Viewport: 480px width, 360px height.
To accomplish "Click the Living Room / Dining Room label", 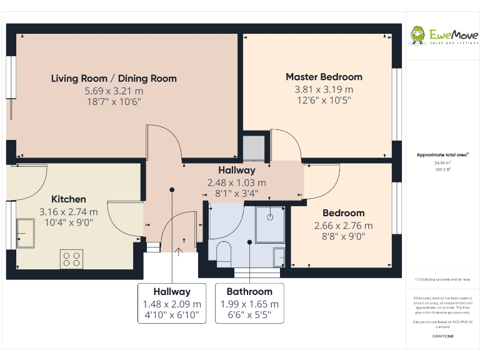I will click(x=114, y=79).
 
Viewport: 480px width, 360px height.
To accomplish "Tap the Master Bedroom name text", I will click(x=324, y=77).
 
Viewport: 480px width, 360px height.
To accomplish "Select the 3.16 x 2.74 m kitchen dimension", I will click(x=69, y=211).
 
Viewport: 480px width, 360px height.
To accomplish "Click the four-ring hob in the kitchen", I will click(x=71, y=258).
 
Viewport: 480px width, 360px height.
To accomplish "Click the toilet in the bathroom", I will click(x=224, y=253).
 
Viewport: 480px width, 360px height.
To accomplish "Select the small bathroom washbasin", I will click(x=279, y=256).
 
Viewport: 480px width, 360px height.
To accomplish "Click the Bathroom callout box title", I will click(x=249, y=291).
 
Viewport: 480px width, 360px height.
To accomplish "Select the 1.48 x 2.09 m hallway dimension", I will click(x=172, y=304).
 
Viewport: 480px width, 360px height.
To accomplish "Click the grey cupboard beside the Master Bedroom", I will click(x=253, y=148).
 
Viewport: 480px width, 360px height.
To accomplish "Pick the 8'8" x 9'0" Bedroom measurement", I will click(x=343, y=236).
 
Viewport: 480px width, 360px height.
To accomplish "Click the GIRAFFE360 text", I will click(x=442, y=336).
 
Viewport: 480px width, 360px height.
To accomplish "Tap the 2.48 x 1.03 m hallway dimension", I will click(x=236, y=182).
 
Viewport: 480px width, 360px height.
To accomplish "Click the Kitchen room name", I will click(x=69, y=199).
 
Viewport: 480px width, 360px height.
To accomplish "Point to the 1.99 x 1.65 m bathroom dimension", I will click(x=249, y=304).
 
